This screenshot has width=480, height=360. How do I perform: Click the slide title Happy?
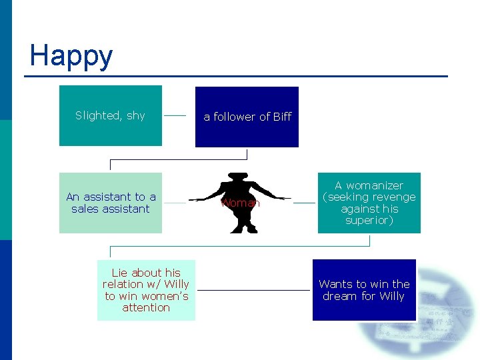coord(71,55)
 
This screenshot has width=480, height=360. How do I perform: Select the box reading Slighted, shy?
coord(110,115)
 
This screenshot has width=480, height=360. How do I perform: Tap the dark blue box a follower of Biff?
coord(247,117)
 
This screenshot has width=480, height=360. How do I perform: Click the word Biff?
coord(282,117)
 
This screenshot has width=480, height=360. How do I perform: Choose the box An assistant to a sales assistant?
coord(110,203)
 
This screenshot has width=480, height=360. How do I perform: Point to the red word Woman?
coord(240,203)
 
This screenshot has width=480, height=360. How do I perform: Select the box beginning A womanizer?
coord(369,203)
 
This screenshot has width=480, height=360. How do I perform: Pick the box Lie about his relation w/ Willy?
coord(146,290)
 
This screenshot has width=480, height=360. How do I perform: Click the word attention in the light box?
coord(146,307)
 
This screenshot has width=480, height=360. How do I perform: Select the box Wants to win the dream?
coord(364,290)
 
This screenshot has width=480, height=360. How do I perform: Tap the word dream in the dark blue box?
coord(340,296)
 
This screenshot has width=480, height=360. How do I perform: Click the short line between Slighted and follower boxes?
coord(175,115)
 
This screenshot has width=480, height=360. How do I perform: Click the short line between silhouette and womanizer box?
coord(304,203)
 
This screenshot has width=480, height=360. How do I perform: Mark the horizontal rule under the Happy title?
coord(236,76)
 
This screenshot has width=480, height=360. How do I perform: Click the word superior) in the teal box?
coord(369,220)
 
